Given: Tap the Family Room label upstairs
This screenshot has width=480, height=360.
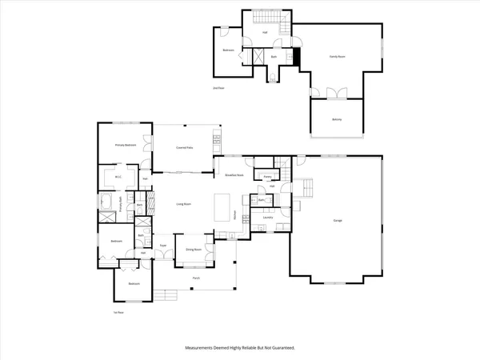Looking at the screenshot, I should tap(338, 56).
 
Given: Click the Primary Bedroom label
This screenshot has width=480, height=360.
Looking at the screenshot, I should tap(125, 145).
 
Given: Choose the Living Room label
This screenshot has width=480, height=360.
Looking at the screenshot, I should tap(184, 205).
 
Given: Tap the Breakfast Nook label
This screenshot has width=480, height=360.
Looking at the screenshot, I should tap(234, 175).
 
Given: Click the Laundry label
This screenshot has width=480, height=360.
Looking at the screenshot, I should tap(268, 217).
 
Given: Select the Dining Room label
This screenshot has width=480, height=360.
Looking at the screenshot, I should tap(194, 250).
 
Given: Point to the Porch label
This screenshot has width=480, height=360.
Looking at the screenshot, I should tap(196, 278).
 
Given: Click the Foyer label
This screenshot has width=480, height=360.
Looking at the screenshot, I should tap(162, 245).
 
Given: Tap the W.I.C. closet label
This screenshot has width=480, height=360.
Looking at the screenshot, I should tap(117, 178).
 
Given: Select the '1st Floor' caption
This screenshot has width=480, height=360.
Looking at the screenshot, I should tap(118, 312).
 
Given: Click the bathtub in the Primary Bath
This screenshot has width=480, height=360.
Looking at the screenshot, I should tap(107, 200).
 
